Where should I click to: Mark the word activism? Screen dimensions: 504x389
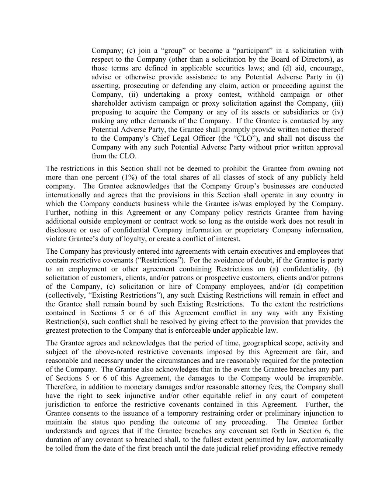pyautogui.click(x=144, y=103)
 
